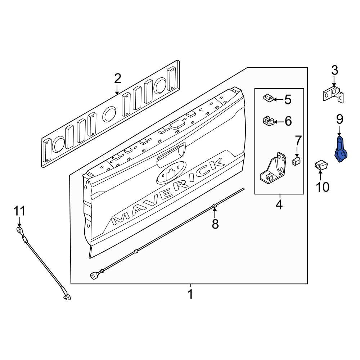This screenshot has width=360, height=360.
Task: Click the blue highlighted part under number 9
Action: (x=341, y=149)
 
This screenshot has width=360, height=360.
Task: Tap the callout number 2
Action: (x=118, y=79)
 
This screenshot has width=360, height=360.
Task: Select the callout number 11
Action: (x=19, y=211)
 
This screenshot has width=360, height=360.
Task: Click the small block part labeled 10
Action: (x=321, y=166)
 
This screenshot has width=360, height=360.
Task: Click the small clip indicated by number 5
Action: (x=268, y=98)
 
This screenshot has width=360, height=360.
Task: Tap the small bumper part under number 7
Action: (x=297, y=161)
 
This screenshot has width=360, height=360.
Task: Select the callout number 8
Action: (x=215, y=224)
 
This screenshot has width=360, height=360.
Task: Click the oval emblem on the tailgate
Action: (x=171, y=173)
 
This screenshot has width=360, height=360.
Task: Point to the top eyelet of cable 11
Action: (x=19, y=230)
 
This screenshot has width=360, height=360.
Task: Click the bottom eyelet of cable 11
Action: (x=67, y=298)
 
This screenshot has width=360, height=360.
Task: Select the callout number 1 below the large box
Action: (x=190, y=294)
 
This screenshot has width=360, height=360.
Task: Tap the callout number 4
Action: (x=279, y=204)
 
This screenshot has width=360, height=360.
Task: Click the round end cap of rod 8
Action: (x=94, y=275)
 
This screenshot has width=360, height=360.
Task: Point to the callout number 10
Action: (x=323, y=187)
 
